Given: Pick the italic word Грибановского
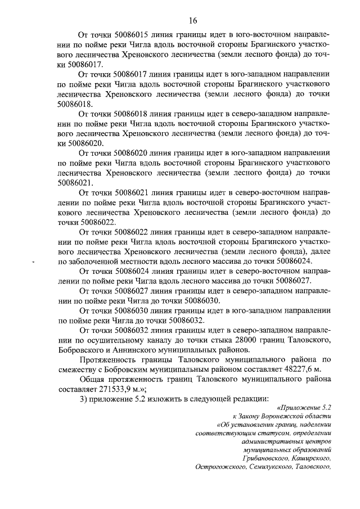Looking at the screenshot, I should tap(268, 457).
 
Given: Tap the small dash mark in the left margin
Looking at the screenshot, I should tap(34, 263).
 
